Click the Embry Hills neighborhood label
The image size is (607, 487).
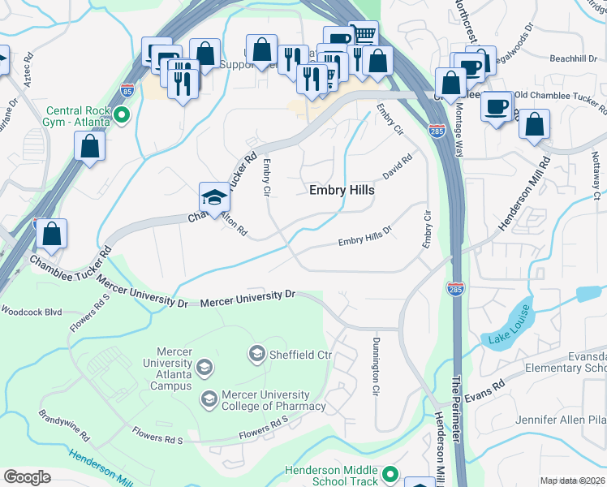342,190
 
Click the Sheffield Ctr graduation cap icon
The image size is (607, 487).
257,353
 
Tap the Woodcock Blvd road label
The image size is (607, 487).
31,311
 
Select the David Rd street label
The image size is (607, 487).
398,168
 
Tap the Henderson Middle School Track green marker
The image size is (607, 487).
390,474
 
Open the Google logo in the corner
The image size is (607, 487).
27,476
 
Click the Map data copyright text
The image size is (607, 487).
572,481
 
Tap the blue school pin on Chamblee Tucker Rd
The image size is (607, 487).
214,197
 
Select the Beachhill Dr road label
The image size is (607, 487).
573,58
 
